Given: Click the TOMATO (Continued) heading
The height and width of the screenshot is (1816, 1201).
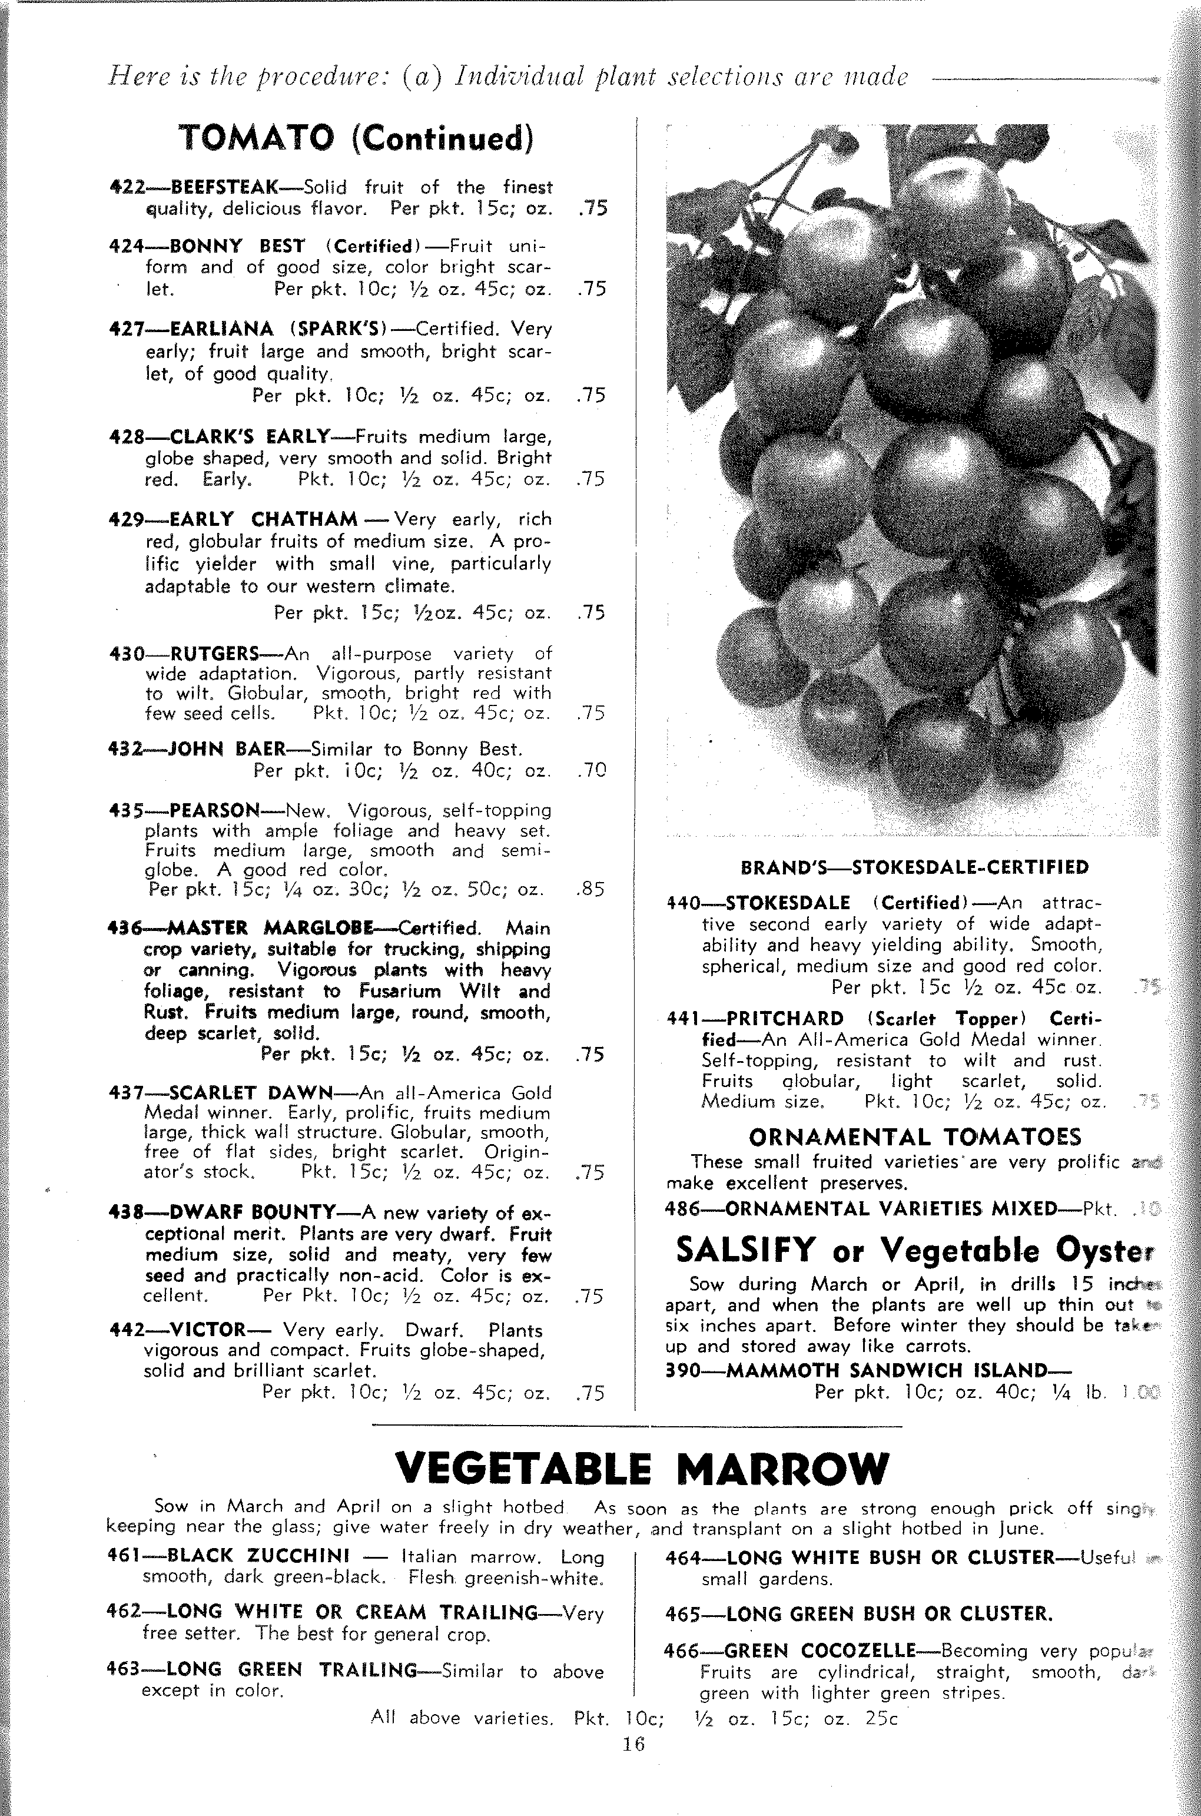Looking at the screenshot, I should pos(356,138).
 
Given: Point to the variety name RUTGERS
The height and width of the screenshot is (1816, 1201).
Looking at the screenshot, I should pos(214,654).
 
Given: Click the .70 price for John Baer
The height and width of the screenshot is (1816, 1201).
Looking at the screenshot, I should pos(590,771).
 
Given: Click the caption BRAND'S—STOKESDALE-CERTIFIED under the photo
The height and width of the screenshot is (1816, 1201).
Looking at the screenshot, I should pos(914,868).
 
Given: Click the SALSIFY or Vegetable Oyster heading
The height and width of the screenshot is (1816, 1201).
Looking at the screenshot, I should pos(914,1250).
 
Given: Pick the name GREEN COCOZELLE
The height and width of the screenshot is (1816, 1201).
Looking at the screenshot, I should pos(820,1651).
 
